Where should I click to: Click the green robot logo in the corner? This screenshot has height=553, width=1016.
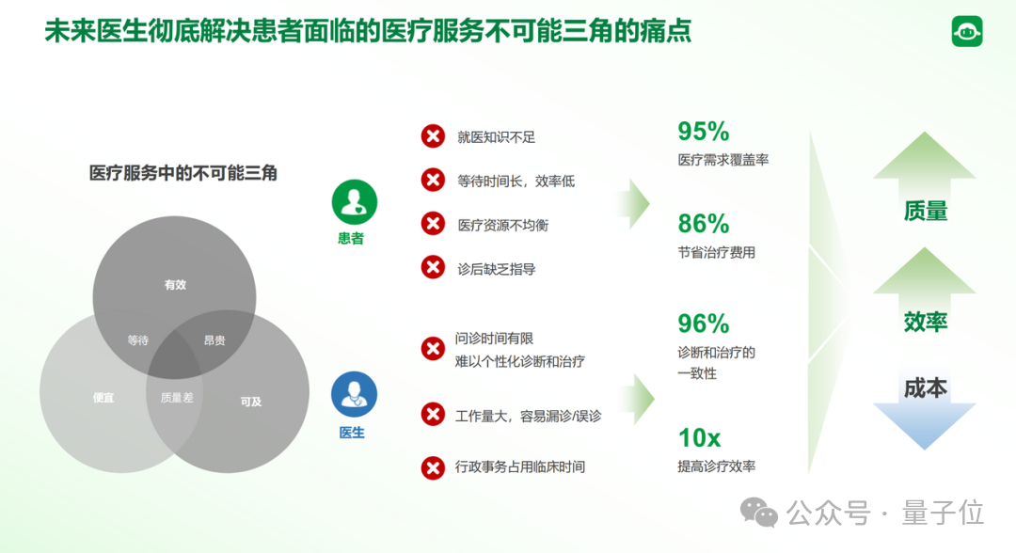point(967,31)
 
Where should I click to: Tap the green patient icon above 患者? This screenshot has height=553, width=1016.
point(354,201)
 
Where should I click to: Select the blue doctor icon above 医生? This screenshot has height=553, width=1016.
point(354,395)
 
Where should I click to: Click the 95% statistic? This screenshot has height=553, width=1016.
point(704,132)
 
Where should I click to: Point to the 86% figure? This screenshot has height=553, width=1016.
point(704,224)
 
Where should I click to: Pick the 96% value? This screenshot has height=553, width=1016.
point(704,324)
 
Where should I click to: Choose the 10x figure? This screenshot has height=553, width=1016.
point(699,437)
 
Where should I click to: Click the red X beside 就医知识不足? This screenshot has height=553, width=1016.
point(433,136)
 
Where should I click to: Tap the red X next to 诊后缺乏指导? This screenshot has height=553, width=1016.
point(433,268)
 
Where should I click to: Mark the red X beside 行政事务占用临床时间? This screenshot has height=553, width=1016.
point(433,466)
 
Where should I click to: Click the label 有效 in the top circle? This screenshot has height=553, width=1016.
point(175,285)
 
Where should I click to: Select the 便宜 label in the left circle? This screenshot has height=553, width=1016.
point(103,398)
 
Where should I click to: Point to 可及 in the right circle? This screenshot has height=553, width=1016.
point(251,402)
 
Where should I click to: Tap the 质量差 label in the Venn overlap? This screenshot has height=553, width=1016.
point(177,398)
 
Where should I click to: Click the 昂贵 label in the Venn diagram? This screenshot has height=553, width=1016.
point(214,340)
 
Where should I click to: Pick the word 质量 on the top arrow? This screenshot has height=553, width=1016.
point(925,212)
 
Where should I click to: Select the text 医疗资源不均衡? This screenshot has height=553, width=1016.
point(502,225)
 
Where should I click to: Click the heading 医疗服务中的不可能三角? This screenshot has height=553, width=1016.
point(183,173)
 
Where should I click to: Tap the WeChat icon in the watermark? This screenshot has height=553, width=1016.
point(759,513)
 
